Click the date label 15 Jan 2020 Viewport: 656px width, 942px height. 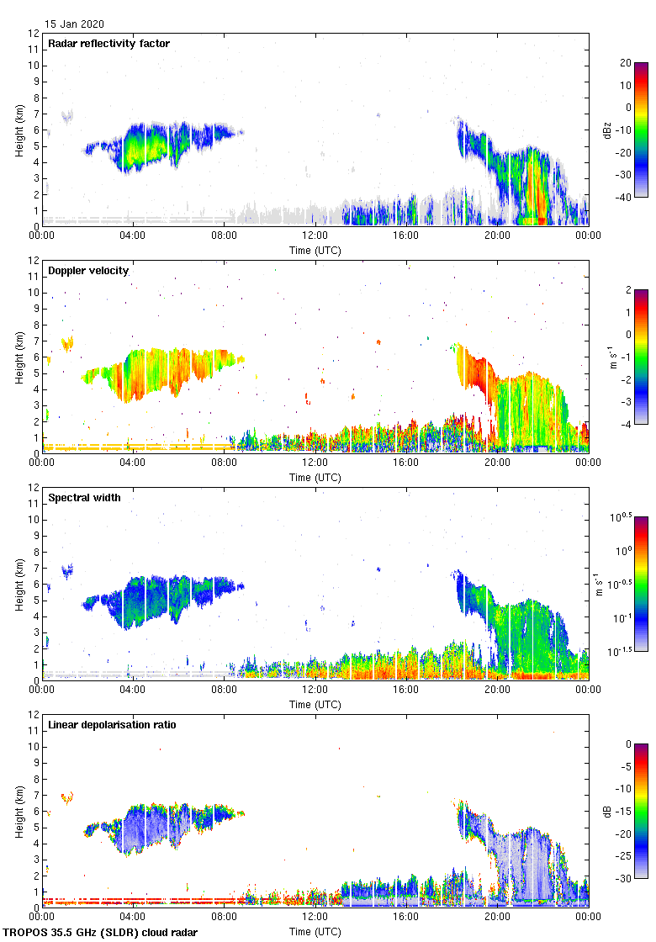pyautogui.click(x=75, y=24)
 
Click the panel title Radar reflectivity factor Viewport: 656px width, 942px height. pyautogui.click(x=109, y=44)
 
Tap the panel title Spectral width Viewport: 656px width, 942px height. pyautogui.click(x=84, y=498)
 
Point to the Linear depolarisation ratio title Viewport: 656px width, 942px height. pyautogui.click(x=112, y=725)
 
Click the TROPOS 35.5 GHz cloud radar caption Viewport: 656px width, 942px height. pyautogui.click(x=101, y=933)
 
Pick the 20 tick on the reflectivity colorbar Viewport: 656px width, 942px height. pyautogui.click(x=625, y=63)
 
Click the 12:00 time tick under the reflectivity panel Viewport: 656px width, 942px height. pyautogui.click(x=315, y=236)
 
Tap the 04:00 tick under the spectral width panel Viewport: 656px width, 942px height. pyautogui.click(x=133, y=691)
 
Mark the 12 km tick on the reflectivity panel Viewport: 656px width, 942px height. pyautogui.click(x=34, y=34)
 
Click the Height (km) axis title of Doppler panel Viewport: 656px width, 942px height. pyautogui.click(x=19, y=357)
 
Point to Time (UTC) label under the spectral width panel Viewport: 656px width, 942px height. pyautogui.click(x=315, y=704)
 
